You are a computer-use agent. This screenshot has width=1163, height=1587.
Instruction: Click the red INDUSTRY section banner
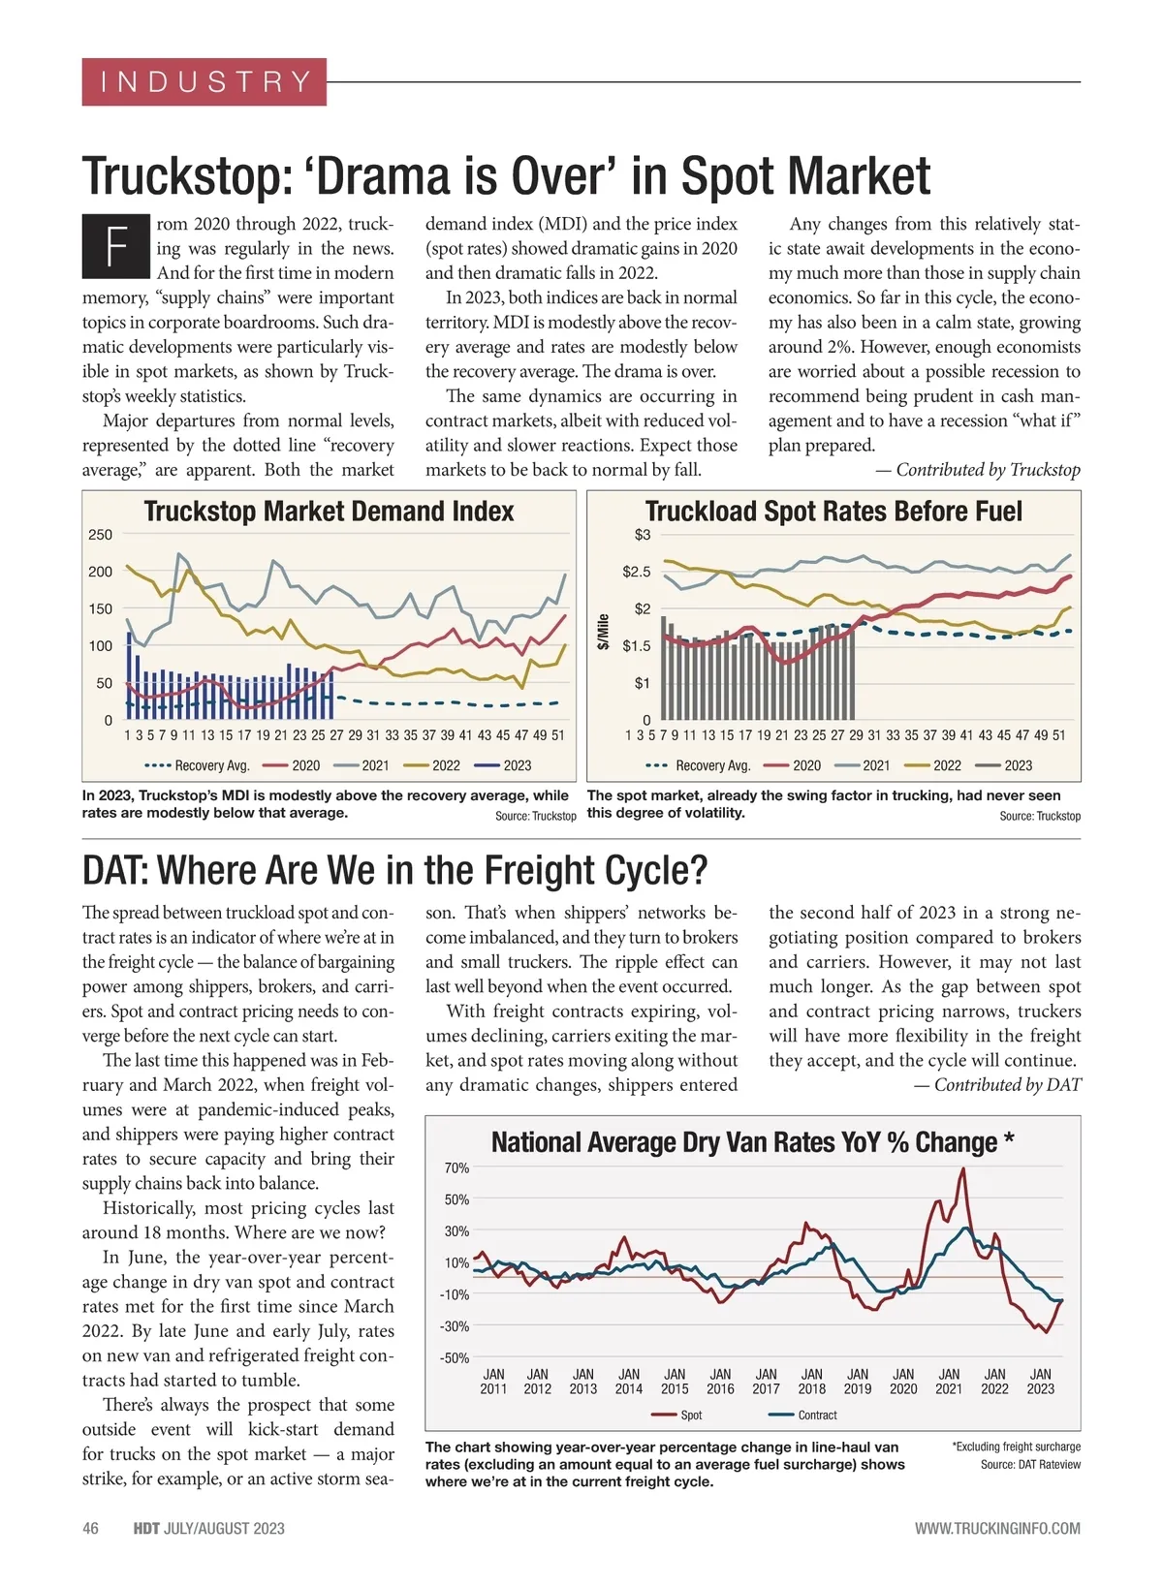(x=204, y=81)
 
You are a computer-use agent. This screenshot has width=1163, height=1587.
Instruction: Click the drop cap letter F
(x=116, y=246)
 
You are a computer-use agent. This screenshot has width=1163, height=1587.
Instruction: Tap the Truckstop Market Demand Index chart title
(x=329, y=512)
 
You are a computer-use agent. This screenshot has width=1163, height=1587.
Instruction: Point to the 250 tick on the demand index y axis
(x=100, y=535)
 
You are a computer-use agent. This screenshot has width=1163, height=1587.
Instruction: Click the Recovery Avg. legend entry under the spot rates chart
(x=699, y=765)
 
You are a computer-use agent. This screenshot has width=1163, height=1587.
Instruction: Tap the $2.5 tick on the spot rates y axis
(x=636, y=572)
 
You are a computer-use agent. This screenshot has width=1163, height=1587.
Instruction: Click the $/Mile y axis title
(x=603, y=632)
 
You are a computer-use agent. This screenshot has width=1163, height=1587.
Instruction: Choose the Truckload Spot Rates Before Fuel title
(x=833, y=512)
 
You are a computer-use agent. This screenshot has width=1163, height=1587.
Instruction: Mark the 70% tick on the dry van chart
(x=456, y=1168)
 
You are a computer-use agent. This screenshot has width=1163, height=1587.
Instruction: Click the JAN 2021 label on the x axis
(x=949, y=1382)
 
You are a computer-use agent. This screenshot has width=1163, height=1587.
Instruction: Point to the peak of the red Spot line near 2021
(x=963, y=1169)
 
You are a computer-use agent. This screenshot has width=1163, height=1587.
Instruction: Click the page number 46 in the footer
(x=90, y=1529)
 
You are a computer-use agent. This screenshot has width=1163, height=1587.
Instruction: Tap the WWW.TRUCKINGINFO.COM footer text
(x=997, y=1529)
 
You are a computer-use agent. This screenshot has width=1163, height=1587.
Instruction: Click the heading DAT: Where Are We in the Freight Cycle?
(x=394, y=870)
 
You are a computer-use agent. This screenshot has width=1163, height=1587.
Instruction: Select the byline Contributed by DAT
(x=997, y=1085)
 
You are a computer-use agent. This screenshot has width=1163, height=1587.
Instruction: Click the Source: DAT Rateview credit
(x=1030, y=1465)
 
